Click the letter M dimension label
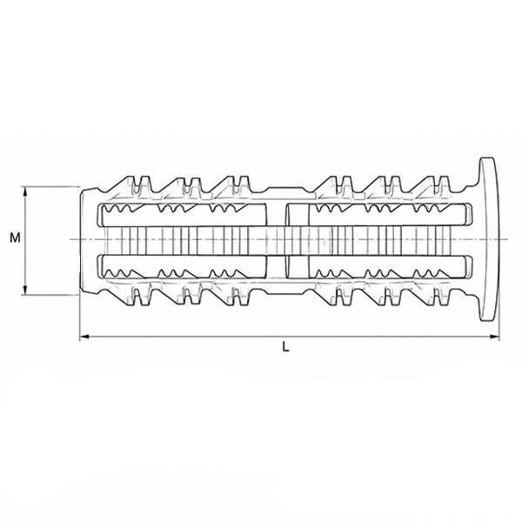[x=15, y=238]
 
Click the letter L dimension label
[x=285, y=347]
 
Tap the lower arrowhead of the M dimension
[x=25, y=291]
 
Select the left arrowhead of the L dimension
[x=84, y=337]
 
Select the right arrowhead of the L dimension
[x=495, y=337]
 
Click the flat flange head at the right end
[x=489, y=239]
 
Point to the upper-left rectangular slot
[x=182, y=214]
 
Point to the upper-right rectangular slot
[x=378, y=214]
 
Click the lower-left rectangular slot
[x=182, y=267]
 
